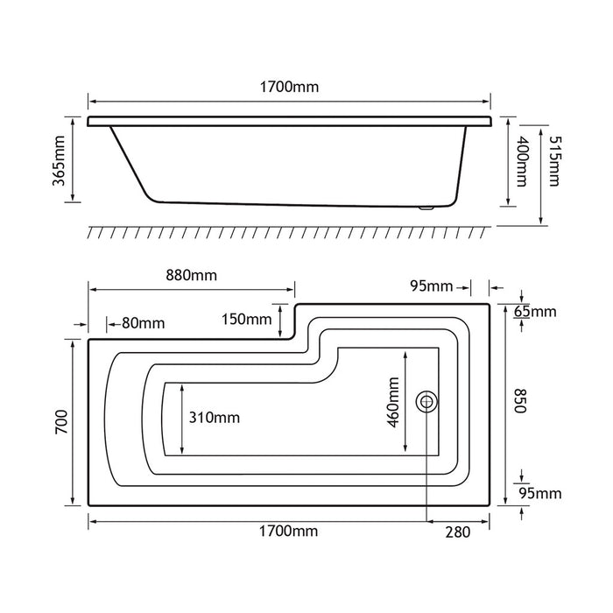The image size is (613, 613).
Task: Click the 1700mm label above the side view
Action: [289, 87]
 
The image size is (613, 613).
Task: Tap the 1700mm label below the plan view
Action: [288, 532]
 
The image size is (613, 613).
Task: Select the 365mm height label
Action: [59, 160]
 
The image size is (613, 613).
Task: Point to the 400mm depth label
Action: [522, 161]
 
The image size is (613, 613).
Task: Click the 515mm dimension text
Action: [554, 161]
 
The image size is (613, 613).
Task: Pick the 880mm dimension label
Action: [191, 275]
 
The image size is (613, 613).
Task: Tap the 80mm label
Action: [143, 323]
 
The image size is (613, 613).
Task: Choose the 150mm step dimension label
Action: [247, 320]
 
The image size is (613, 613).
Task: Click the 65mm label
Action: [535, 312]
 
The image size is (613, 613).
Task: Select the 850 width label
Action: [521, 401]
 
